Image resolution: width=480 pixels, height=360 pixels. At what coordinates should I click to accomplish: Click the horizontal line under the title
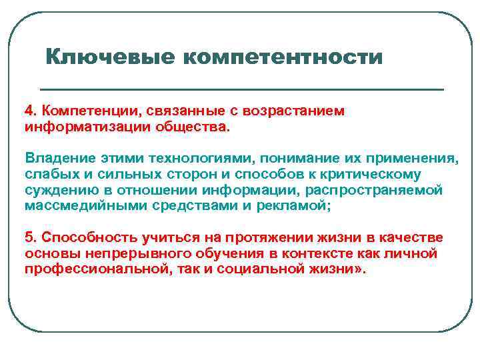tap(241, 89)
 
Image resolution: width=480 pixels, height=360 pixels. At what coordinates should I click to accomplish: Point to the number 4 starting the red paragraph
tap(29, 111)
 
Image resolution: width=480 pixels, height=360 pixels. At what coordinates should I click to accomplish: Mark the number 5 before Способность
tap(29, 239)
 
